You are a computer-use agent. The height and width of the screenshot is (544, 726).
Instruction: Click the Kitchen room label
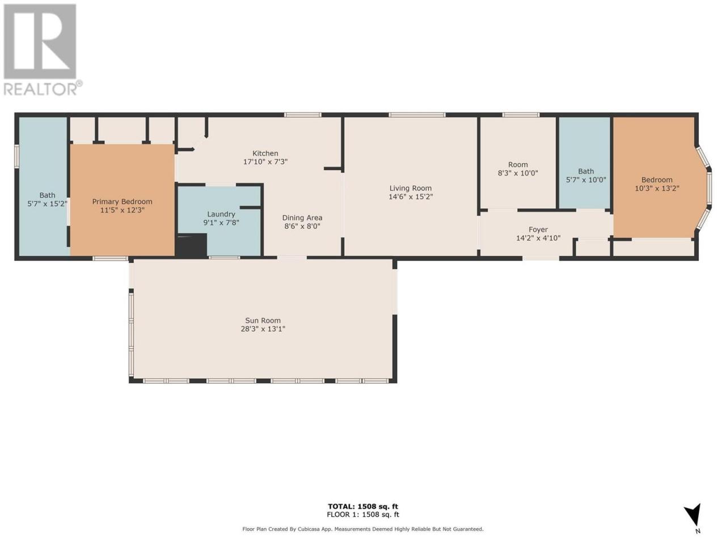tap(265, 153)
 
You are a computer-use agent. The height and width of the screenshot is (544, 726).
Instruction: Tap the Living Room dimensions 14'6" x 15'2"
tap(411, 197)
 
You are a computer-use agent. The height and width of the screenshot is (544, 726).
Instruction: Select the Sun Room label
tap(263, 320)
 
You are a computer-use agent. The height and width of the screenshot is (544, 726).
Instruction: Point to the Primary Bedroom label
tap(122, 202)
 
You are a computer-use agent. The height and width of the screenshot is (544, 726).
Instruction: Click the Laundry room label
tap(221, 214)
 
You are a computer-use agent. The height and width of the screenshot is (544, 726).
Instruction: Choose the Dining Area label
tap(302, 218)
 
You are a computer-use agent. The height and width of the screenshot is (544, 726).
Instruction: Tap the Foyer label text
tap(538, 229)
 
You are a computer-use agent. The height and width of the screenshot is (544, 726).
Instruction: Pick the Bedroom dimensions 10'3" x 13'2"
tap(657, 188)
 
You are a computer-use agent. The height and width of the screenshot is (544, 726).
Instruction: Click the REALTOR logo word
tap(41, 88)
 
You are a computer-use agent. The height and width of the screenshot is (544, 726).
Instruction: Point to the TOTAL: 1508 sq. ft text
tap(363, 507)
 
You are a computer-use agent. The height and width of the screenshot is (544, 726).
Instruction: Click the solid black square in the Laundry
tap(192, 245)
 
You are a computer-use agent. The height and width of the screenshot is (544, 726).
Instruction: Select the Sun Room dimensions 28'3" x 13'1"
tap(263, 329)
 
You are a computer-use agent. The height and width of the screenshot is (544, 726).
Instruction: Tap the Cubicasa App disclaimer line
tap(363, 529)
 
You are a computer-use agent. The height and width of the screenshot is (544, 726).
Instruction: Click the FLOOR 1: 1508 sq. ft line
tap(363, 515)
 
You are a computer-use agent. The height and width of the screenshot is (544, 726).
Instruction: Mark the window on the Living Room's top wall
tap(417, 115)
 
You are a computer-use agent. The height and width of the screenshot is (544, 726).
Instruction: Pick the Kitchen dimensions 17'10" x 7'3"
tap(265, 162)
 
